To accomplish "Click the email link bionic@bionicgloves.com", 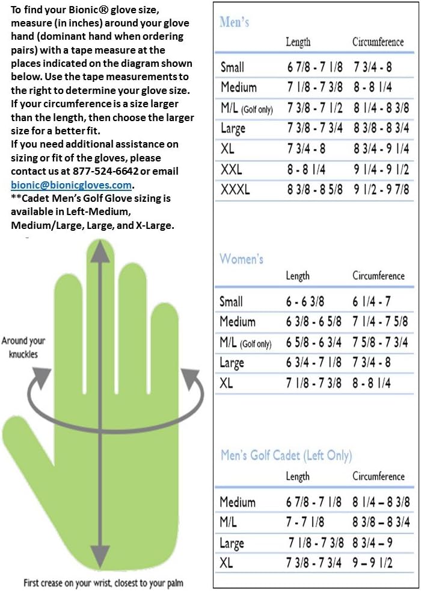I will [71, 186].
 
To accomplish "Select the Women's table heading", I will [242, 259].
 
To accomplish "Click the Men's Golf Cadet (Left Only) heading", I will [286, 455].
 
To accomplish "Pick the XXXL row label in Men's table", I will [235, 190].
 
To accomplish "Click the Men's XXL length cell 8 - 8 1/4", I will [306, 170].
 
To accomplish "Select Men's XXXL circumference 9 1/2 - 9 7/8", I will [382, 190].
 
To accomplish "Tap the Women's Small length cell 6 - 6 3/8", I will [306, 302].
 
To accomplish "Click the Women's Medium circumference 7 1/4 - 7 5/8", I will [380, 322].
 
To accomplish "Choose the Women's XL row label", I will [226, 383].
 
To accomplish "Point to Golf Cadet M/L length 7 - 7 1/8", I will [306, 522].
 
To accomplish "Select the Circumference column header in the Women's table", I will [378, 276].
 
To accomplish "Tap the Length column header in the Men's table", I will [298, 42].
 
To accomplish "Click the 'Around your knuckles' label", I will [23, 348].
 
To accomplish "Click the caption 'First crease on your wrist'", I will [103, 583].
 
